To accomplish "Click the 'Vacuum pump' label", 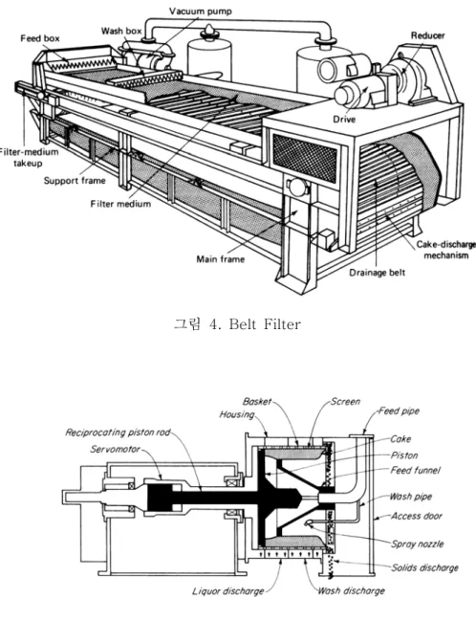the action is pyautogui.click(x=200, y=11).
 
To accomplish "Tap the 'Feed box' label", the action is pyautogui.click(x=40, y=38).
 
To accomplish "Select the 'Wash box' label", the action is pyautogui.click(x=121, y=31).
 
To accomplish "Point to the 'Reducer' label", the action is pyautogui.click(x=427, y=35).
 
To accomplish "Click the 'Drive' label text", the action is pyautogui.click(x=344, y=120).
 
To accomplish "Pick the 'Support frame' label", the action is pyautogui.click(x=75, y=181).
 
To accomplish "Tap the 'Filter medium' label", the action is pyautogui.click(x=120, y=204).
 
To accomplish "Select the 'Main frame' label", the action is pyautogui.click(x=221, y=259).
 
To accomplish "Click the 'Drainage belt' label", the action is pyautogui.click(x=378, y=273).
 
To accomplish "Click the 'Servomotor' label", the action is pyautogui.click(x=115, y=450).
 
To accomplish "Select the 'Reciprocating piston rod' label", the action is pyautogui.click(x=118, y=432).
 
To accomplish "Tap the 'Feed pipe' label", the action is pyautogui.click(x=399, y=411).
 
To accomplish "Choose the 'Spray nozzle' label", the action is pyautogui.click(x=418, y=544).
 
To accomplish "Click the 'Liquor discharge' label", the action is pyautogui.click(x=228, y=591).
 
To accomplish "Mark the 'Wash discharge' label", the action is pyautogui.click(x=351, y=591).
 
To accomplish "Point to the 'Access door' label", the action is pyautogui.click(x=417, y=516).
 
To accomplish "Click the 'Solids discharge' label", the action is pyautogui.click(x=425, y=568).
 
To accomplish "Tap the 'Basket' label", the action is pyautogui.click(x=257, y=402).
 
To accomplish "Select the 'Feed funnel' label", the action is pyautogui.click(x=415, y=471).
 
